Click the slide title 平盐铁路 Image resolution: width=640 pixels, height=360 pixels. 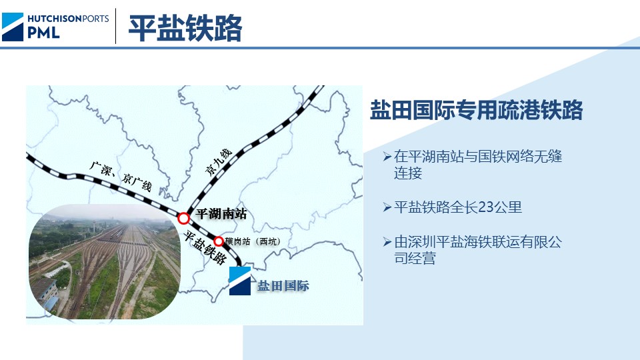[185, 28]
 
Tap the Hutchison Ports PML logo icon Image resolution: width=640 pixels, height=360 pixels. [13, 27]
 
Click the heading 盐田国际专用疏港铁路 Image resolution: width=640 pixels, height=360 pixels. [476, 111]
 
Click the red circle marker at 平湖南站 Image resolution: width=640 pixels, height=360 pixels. [183, 217]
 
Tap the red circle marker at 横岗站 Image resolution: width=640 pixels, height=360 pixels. [218, 241]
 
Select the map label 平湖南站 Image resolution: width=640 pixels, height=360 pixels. [222, 214]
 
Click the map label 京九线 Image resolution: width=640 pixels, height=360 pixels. [219, 162]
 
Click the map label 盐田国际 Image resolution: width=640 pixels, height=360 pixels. [283, 287]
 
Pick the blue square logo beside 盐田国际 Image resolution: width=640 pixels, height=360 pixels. [240, 281]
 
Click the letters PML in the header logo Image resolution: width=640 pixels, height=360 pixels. [43, 32]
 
